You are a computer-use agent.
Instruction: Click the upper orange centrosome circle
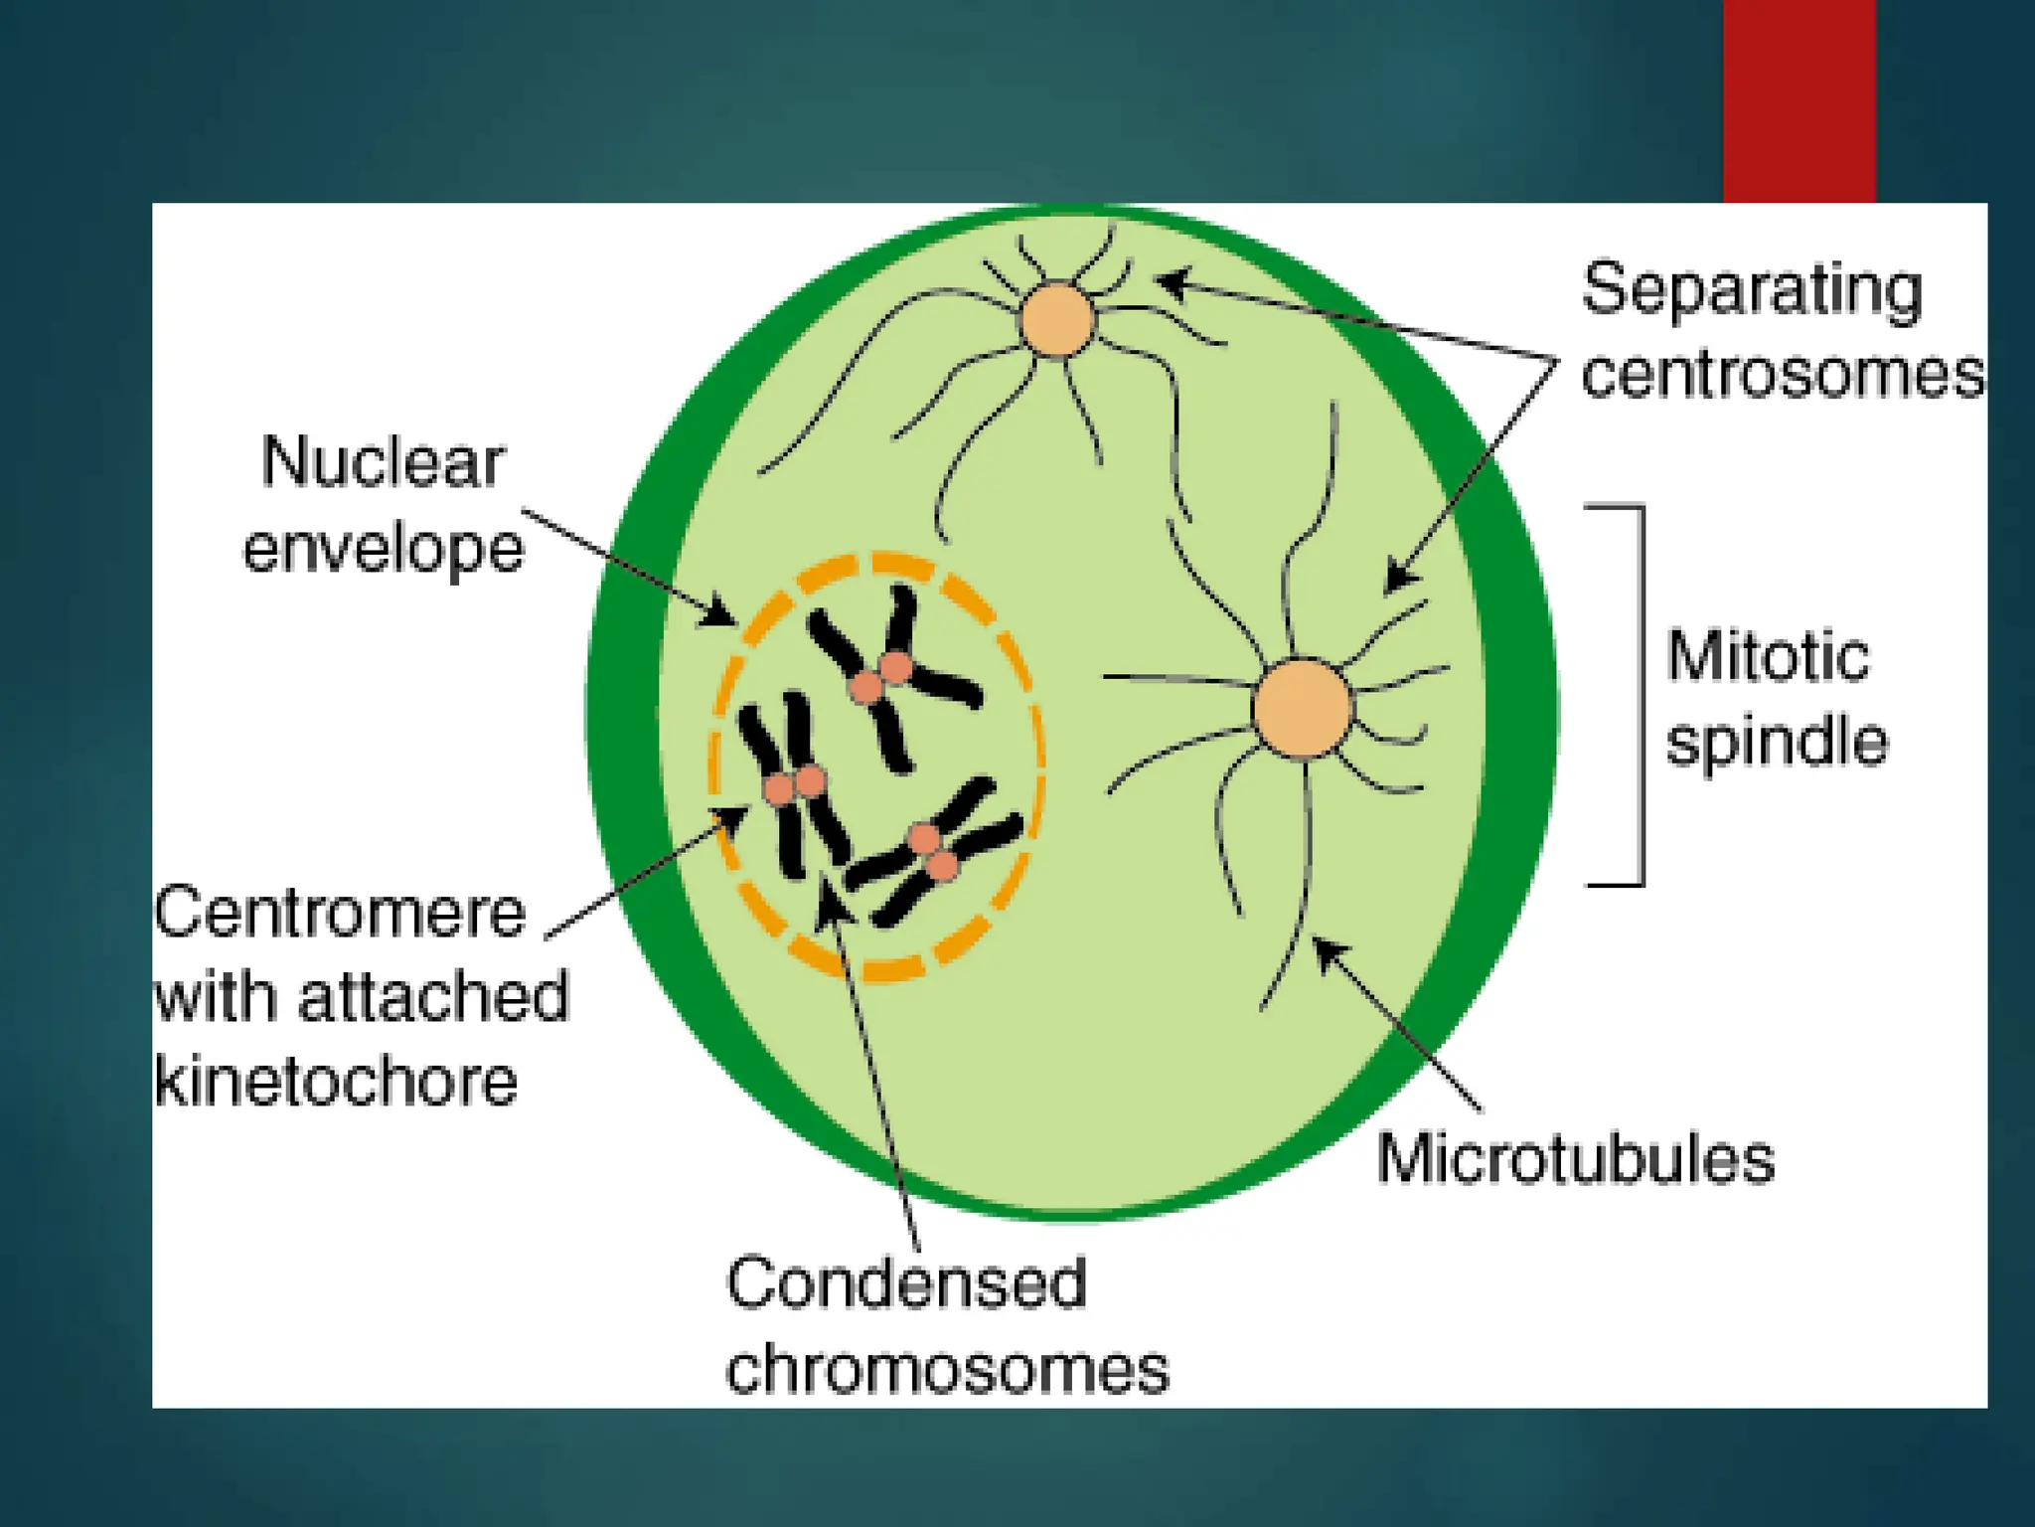point(1058,319)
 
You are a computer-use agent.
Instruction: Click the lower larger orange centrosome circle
point(1303,708)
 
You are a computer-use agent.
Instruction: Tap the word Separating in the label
point(1752,290)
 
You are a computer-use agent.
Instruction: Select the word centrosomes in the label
point(1783,376)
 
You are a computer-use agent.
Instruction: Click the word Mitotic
point(1768,657)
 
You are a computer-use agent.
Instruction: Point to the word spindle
point(1777,743)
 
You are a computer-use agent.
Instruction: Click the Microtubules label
point(1575,1159)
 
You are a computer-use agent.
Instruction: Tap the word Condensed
point(906,1283)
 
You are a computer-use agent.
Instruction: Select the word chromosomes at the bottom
point(947,1370)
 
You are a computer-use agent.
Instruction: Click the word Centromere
point(340,913)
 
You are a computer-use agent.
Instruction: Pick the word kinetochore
point(337,1082)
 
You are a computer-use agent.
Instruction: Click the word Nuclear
point(383,462)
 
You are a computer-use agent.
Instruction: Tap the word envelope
point(384,548)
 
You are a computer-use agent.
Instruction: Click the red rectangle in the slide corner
point(1799,99)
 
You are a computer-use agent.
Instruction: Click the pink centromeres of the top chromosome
point(881,677)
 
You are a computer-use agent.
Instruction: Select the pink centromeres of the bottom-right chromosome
point(934,852)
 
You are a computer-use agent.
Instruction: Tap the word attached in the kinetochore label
point(433,997)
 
